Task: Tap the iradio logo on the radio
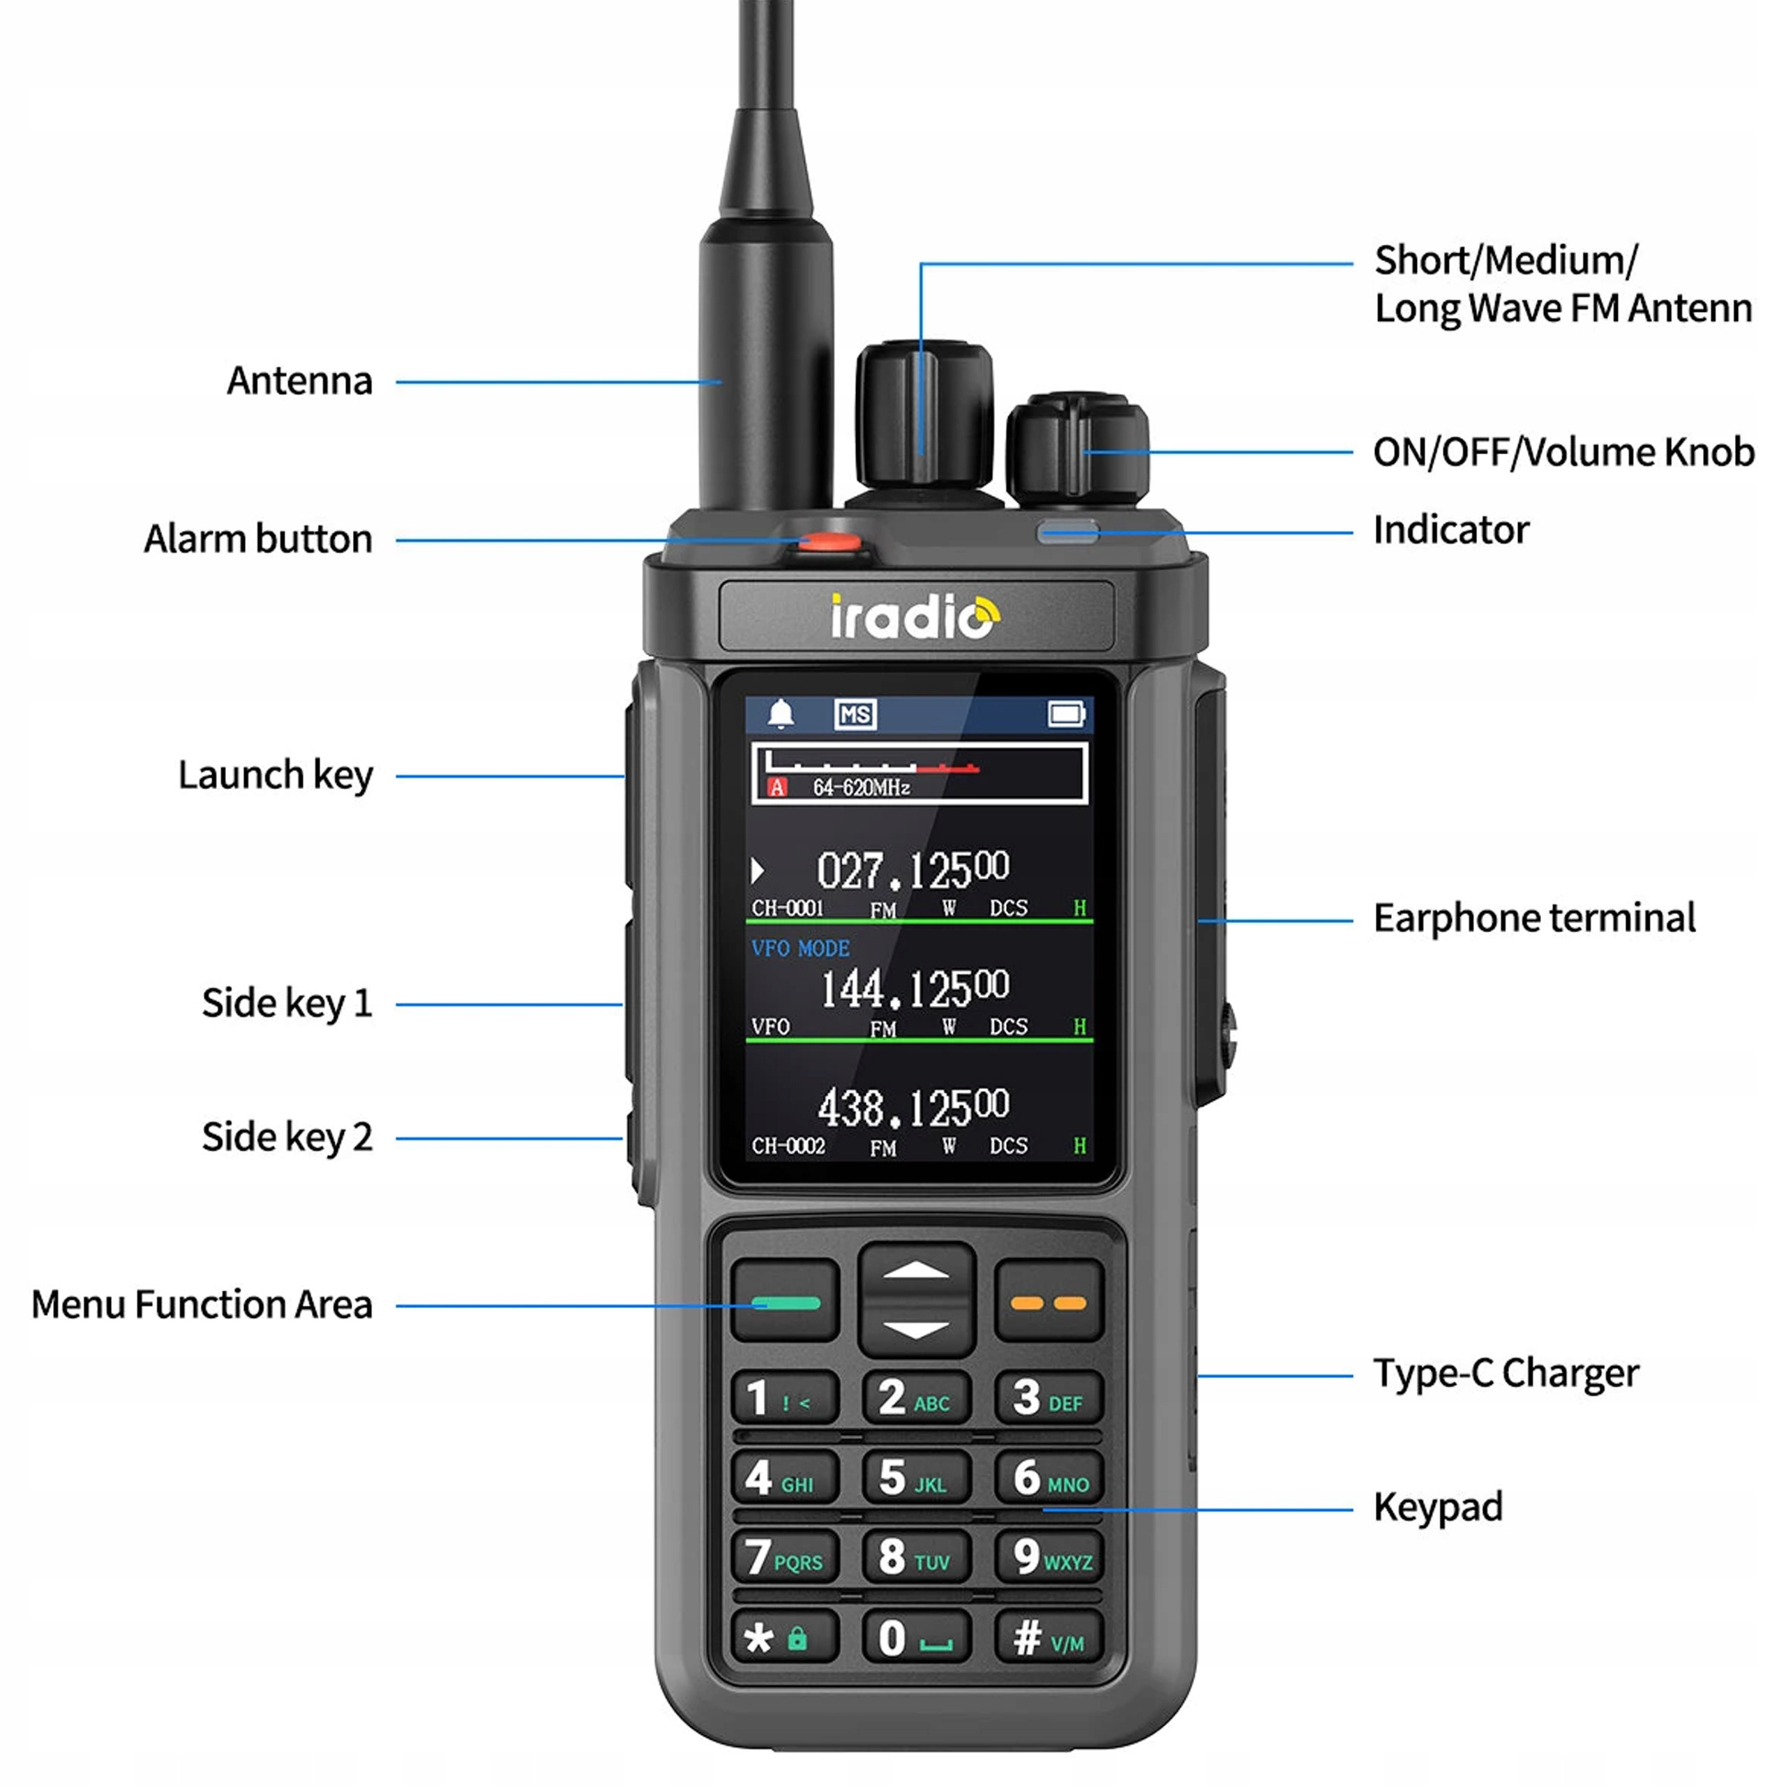(x=914, y=617)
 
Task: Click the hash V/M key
(x=1049, y=1637)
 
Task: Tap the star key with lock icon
(x=785, y=1637)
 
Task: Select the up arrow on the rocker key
(x=916, y=1271)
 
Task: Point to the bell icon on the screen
(x=781, y=714)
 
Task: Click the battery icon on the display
(x=1067, y=714)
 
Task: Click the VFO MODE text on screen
(x=800, y=949)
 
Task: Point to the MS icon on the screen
(x=855, y=714)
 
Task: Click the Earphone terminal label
(x=1533, y=919)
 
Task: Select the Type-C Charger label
(x=1506, y=1374)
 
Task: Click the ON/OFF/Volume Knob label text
(x=1563, y=452)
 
